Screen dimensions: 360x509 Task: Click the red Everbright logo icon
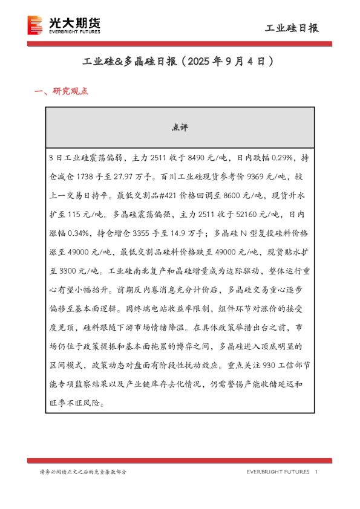36,25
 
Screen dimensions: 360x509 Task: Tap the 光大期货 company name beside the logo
74,22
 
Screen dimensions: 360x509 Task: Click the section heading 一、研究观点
62,92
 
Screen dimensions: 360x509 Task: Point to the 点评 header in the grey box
180,128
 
